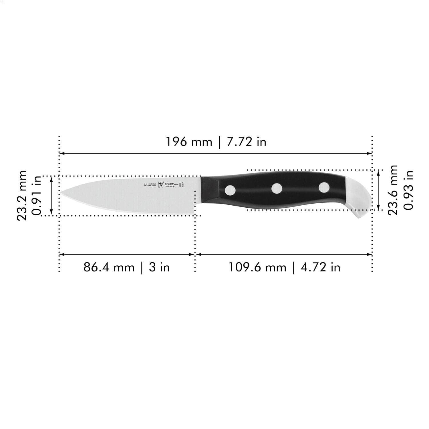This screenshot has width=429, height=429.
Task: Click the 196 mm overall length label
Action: pyautogui.click(x=189, y=142)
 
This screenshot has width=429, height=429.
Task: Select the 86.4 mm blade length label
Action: pyautogui.click(x=109, y=267)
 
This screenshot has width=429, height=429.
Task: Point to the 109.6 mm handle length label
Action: pyautogui.click(x=257, y=267)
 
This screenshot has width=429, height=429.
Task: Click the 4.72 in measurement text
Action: pyautogui.click(x=321, y=267)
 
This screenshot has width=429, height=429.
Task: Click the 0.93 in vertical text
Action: pyautogui.click(x=408, y=190)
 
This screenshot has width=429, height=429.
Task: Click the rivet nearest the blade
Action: pyautogui.click(x=230, y=189)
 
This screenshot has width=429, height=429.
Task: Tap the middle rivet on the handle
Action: pyautogui.click(x=277, y=188)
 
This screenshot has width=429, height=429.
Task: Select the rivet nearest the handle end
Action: pyautogui.click(x=324, y=187)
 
